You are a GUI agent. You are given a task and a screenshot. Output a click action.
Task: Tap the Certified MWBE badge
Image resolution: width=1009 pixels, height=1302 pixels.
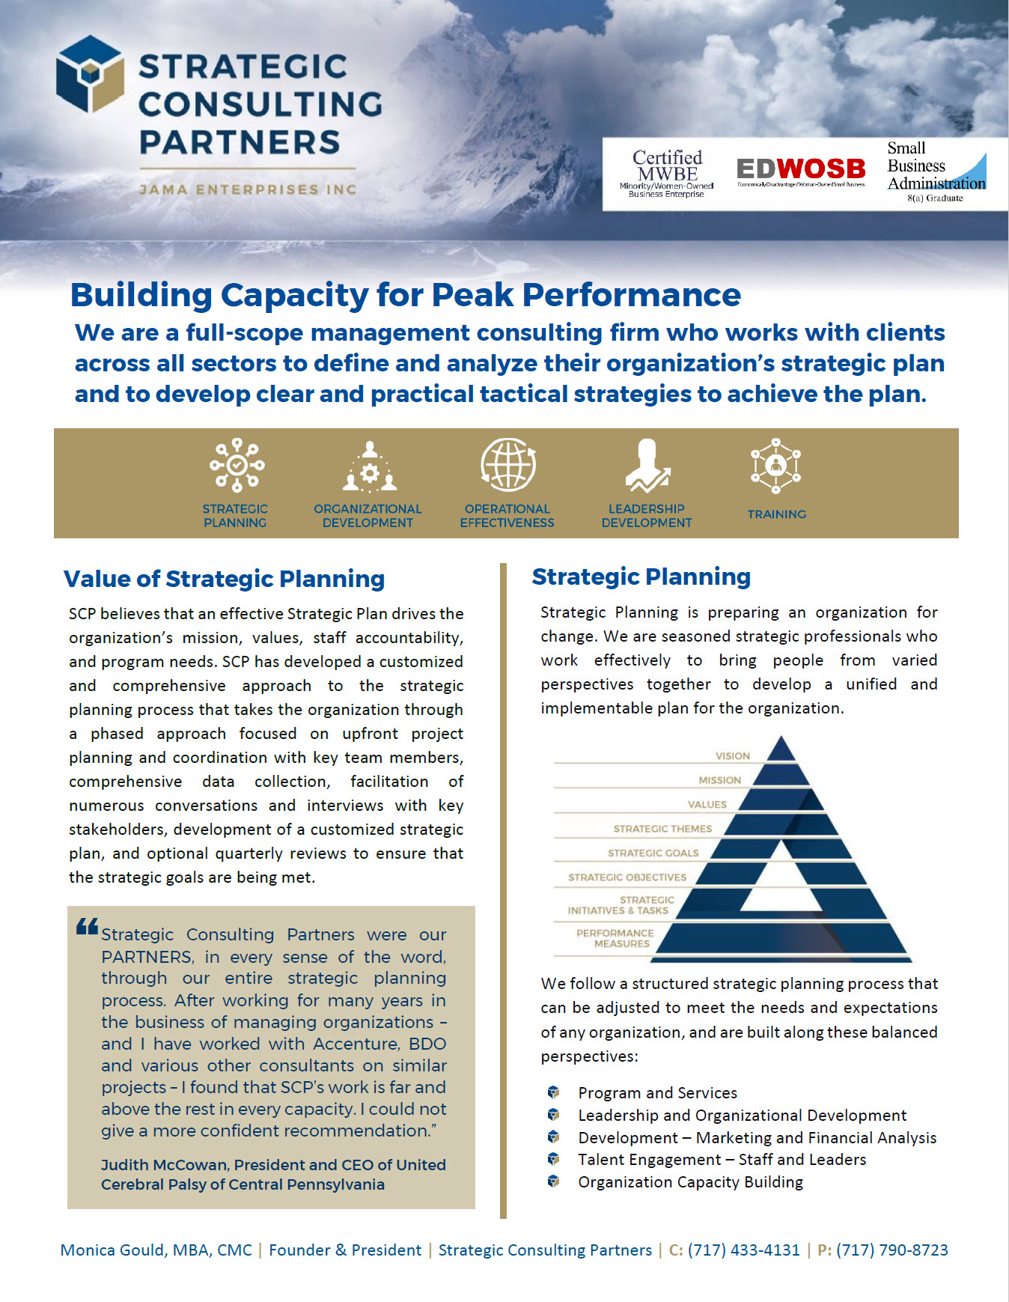(x=666, y=174)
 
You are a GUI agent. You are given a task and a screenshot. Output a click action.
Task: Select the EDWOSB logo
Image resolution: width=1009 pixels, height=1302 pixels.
(x=800, y=170)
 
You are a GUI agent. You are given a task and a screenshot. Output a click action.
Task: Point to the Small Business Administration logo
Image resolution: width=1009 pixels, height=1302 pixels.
(x=936, y=172)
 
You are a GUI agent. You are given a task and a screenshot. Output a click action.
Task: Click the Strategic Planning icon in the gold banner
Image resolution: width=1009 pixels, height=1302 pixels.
(x=237, y=465)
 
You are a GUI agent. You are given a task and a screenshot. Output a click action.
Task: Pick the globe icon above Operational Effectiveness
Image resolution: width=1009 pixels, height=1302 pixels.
(x=508, y=465)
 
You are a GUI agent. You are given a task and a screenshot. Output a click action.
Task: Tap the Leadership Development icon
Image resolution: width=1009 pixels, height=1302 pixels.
(x=647, y=466)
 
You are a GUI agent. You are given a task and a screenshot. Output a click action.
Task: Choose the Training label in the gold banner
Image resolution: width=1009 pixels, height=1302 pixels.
(x=776, y=514)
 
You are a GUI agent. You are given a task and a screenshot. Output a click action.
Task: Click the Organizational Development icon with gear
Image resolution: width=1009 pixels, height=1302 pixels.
(x=369, y=466)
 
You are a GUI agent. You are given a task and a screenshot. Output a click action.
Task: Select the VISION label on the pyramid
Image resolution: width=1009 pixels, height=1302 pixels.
(x=732, y=756)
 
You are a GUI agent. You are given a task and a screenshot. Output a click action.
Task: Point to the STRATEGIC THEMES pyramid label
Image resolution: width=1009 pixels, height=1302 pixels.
(x=662, y=829)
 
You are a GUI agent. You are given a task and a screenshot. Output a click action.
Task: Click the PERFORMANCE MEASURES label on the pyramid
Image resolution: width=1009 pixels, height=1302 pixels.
(x=615, y=938)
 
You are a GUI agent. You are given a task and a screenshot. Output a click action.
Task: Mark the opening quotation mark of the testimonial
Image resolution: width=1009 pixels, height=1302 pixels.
(x=87, y=927)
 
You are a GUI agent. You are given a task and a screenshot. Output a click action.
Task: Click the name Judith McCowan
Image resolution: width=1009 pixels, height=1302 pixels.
(x=164, y=1165)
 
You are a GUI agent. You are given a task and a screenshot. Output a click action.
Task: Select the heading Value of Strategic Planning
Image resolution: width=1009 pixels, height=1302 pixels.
(x=224, y=579)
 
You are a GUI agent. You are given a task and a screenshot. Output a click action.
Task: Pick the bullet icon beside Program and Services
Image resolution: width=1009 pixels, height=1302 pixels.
(x=554, y=1092)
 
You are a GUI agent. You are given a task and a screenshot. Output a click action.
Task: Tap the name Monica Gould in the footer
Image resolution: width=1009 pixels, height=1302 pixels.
(x=115, y=1250)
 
